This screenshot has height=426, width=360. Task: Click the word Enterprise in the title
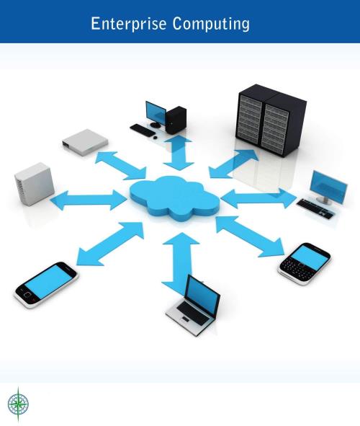pyautogui.click(x=128, y=24)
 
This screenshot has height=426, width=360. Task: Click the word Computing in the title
pyautogui.click(x=211, y=25)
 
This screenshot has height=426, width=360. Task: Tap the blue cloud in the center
pyautogui.click(x=174, y=198)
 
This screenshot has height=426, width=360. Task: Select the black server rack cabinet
pyautogui.click(x=271, y=120)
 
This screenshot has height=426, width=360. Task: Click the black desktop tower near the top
pyautogui.click(x=176, y=120)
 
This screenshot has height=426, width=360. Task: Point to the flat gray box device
pyautogui.click(x=85, y=141)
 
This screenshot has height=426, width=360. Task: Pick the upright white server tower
pyautogui.click(x=34, y=184)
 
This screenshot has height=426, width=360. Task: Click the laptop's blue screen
pyautogui.click(x=202, y=295)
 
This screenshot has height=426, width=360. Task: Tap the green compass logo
pyautogui.click(x=18, y=404)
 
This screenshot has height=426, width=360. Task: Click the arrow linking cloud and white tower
pyautogui.click(x=89, y=200)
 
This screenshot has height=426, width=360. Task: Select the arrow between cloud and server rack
pyautogui.click(x=234, y=164)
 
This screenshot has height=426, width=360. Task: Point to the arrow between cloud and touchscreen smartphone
pyautogui.click(x=110, y=244)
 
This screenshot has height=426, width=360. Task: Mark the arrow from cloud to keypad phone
pyautogui.click(x=250, y=236)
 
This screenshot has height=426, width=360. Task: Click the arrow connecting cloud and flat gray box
pyautogui.click(x=120, y=166)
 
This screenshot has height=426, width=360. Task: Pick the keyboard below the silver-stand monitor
pyautogui.click(x=315, y=208)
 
